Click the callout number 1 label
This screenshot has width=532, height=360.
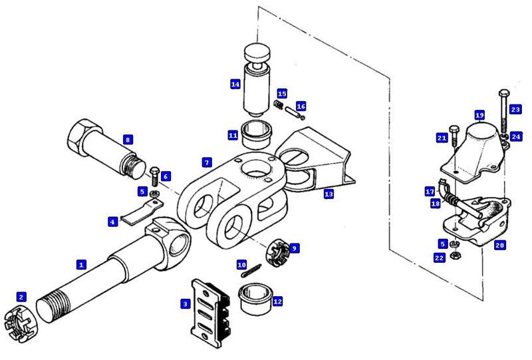81,264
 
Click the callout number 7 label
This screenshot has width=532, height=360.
207,162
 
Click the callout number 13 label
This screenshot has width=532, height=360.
329,194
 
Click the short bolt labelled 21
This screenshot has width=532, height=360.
454,134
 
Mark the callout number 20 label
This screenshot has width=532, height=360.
500,245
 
